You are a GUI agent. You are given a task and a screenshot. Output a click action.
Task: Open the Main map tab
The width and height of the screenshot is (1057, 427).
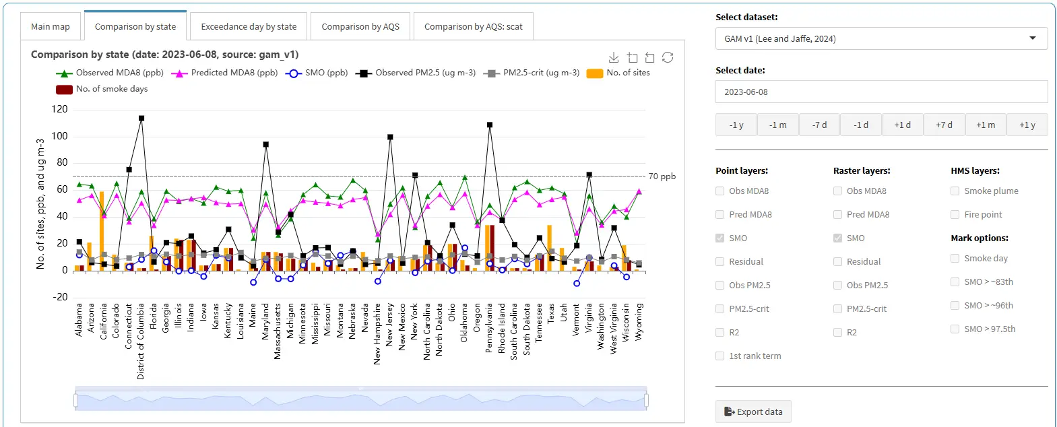[51, 26]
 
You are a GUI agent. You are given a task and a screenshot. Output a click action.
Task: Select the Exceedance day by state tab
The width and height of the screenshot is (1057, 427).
[249, 26]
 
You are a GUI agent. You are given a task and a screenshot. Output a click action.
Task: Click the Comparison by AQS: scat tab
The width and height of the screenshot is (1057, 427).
[474, 26]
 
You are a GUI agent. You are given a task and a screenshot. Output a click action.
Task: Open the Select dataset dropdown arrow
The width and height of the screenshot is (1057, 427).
[1033, 38]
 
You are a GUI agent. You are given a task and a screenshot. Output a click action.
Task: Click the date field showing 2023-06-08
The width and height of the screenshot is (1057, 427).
[881, 92]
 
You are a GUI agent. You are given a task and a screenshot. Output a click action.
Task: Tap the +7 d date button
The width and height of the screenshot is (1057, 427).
[944, 125]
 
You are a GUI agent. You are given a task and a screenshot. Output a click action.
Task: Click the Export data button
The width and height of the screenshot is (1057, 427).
[753, 412]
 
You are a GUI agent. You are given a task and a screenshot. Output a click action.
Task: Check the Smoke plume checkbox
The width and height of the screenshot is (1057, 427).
[955, 191]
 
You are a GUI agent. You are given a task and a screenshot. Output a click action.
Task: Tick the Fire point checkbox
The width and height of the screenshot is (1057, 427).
[955, 215]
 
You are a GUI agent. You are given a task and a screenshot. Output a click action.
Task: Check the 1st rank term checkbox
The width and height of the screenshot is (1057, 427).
[720, 356]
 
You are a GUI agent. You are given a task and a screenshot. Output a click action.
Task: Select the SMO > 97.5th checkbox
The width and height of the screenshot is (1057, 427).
[955, 329]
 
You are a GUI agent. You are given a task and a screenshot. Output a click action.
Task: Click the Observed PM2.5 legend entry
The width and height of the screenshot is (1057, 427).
[416, 73]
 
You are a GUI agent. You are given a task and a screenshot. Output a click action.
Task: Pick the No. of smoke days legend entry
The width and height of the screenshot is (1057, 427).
[102, 89]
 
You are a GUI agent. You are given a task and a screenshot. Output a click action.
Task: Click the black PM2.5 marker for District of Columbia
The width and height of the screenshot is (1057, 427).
[141, 119]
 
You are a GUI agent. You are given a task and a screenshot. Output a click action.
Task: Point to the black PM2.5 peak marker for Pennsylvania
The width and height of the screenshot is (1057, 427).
[490, 125]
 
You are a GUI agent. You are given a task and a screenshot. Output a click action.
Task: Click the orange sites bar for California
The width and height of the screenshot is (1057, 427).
[102, 231]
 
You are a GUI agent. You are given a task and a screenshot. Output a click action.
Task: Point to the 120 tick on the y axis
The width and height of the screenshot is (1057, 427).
[59, 109]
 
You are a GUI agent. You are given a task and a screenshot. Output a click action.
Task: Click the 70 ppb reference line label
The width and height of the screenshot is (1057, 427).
[662, 176]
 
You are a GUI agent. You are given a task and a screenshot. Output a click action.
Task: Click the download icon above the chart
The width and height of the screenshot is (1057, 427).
[614, 57]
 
